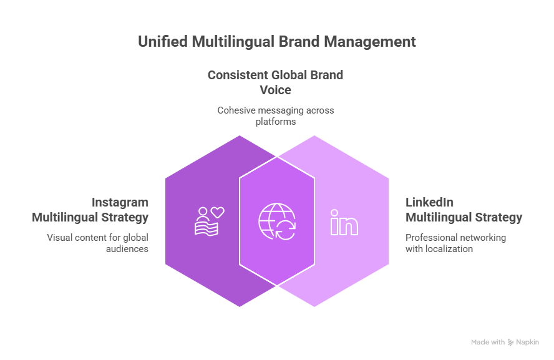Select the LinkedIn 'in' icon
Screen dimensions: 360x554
344,221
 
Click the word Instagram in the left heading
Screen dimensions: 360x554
120,203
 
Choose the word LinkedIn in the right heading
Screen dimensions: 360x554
429,203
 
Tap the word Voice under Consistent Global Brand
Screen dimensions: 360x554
276,89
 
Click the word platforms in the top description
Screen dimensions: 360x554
276,122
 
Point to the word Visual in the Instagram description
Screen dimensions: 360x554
59,238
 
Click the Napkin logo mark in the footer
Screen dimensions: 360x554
510,342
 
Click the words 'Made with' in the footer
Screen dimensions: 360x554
488,342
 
